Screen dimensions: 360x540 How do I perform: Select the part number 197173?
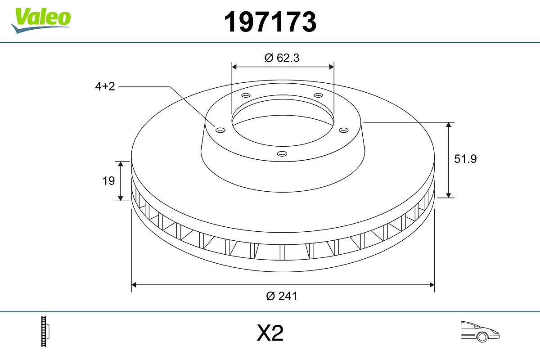(270, 22)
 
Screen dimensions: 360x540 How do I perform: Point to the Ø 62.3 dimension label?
(282, 58)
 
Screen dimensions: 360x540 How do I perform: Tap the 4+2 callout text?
(105, 86)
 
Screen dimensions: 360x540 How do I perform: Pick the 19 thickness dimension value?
(108, 181)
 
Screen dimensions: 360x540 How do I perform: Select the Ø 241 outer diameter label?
(282, 296)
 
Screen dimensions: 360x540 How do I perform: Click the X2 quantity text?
(270, 333)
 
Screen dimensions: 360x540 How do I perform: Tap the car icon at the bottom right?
(480, 332)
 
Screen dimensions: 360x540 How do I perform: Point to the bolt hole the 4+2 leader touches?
(220, 130)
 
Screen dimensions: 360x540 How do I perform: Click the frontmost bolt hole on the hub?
(282, 154)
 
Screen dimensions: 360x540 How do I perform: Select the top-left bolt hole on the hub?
(246, 95)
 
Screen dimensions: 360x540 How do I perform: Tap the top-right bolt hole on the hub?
(319, 95)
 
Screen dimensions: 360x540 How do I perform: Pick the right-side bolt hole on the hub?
(344, 130)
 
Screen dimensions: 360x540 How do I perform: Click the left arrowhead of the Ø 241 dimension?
(134, 284)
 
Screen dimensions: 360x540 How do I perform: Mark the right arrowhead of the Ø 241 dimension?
(432, 284)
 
